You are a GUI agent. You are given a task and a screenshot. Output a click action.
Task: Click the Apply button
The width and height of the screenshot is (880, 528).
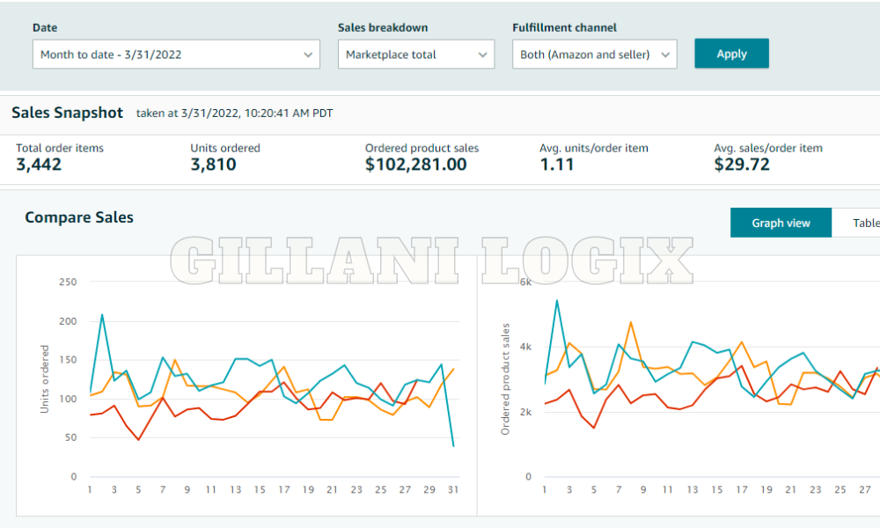pyautogui.click(x=731, y=54)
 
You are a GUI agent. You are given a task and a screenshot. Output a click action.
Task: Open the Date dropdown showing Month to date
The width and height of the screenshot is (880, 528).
pyautogui.click(x=176, y=55)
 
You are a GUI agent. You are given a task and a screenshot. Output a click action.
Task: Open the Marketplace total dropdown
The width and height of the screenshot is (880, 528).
pyautogui.click(x=416, y=55)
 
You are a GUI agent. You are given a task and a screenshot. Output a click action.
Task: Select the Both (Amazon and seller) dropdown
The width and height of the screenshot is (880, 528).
pyautogui.click(x=594, y=55)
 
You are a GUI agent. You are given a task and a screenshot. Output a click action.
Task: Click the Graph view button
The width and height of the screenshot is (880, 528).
pyautogui.click(x=781, y=223)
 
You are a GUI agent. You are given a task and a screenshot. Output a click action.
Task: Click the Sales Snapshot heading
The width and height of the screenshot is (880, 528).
pyautogui.click(x=67, y=113)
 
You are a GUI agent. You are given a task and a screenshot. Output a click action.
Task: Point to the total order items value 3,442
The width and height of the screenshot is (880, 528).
pyautogui.click(x=39, y=165)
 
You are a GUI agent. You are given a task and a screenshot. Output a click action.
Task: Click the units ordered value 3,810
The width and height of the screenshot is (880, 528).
pyautogui.click(x=213, y=165)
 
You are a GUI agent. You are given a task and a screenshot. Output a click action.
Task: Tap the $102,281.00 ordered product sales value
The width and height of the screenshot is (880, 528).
pyautogui.click(x=415, y=165)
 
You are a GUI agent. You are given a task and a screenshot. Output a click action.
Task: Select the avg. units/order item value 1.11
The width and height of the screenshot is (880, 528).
pyautogui.click(x=556, y=165)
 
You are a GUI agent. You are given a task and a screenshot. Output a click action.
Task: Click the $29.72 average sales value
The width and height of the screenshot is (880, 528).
pyautogui.click(x=741, y=165)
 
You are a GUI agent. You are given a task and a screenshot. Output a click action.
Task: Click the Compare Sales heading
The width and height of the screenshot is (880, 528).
pyautogui.click(x=79, y=217)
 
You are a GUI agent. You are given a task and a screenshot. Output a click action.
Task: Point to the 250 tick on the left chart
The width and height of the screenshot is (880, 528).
pyautogui.click(x=68, y=282)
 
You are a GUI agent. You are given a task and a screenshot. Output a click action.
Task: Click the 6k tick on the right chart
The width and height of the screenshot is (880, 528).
pyautogui.click(x=525, y=282)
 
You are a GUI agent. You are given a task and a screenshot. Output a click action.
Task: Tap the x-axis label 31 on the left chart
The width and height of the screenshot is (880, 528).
pyautogui.click(x=453, y=489)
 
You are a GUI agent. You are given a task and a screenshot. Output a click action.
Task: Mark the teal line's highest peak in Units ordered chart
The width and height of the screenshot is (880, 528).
pyautogui.click(x=102, y=314)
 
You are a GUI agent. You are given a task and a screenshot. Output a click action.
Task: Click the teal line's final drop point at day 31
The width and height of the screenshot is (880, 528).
pyautogui.click(x=453, y=446)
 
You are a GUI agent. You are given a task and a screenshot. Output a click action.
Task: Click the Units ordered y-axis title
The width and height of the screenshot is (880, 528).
pyautogui.click(x=46, y=379)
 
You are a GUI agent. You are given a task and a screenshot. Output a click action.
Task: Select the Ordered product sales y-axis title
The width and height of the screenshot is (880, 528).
pyautogui.click(x=505, y=379)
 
